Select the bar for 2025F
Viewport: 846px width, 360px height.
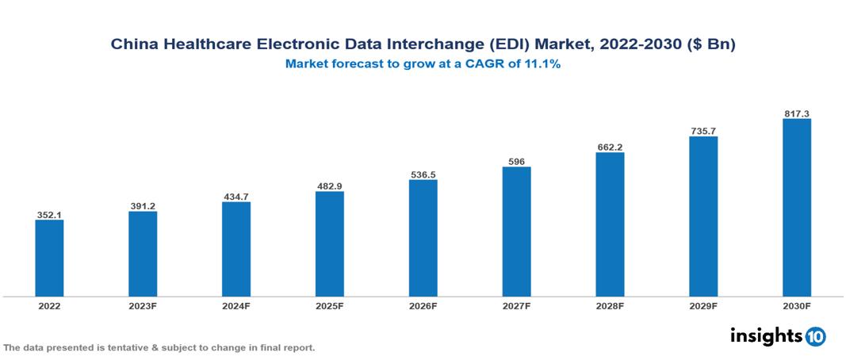click(329, 243)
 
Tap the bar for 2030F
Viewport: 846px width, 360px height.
click(796, 208)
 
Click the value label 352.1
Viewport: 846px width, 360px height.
click(49, 214)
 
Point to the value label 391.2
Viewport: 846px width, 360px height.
click(143, 206)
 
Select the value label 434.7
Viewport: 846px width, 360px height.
click(236, 196)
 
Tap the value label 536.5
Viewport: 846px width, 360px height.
click(423, 174)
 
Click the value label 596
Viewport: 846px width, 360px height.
click(516, 162)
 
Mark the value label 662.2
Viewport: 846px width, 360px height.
click(610, 147)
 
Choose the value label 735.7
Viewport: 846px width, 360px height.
click(703, 131)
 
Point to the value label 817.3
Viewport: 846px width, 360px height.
click(796, 114)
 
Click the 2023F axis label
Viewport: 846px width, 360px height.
click(143, 306)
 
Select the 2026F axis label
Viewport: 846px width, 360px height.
click(423, 306)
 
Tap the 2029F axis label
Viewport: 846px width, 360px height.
click(703, 306)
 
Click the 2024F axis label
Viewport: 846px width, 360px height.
click(236, 306)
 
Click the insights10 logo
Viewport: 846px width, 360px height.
click(778, 336)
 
